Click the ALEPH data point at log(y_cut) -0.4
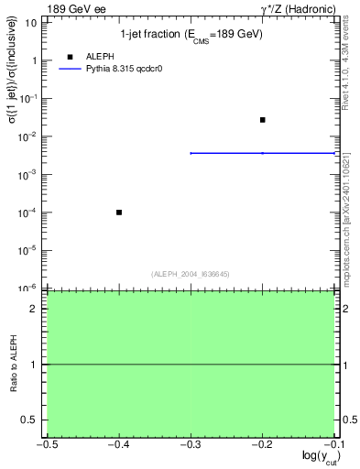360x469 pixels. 119,213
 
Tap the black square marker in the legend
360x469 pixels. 70,55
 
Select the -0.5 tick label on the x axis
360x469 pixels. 46,445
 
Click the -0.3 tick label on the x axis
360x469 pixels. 190,445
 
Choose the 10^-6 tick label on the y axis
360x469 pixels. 31,288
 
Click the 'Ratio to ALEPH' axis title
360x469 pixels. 13,365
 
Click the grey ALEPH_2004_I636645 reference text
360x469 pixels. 191,273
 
